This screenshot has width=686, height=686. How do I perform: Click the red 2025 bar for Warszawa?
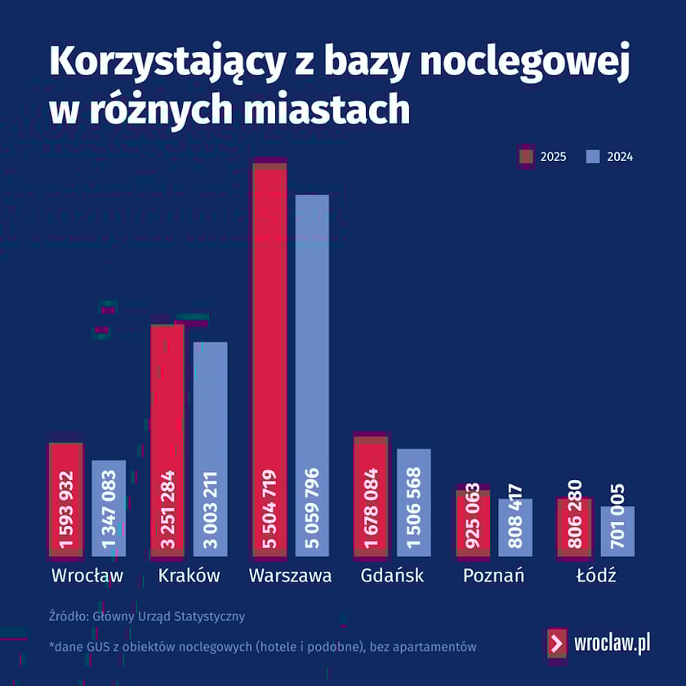coord(269,327)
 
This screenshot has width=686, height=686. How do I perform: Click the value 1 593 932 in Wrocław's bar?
coord(66,510)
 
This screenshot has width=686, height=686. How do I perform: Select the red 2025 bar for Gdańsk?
coord(371,457)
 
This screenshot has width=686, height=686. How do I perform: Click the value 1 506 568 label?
coord(414,510)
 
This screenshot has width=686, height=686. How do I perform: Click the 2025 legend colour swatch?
coord(526,157)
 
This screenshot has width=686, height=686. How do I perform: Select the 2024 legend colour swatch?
coord(593,157)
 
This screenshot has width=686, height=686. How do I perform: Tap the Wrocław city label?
coord(87,576)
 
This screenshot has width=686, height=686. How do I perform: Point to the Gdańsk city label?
coord(392,576)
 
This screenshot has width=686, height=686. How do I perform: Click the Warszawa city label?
coord(290,576)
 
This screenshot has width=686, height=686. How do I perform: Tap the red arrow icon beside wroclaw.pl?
coord(556,643)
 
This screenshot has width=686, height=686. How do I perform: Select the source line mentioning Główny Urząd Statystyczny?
coord(147,617)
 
